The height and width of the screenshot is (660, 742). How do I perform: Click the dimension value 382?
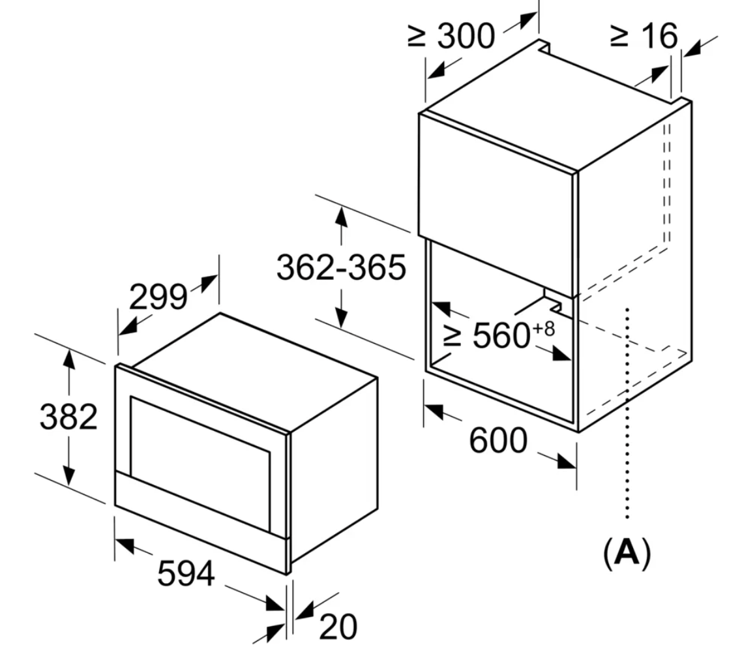pos(68,417)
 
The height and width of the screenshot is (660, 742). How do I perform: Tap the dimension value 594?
pos(186,573)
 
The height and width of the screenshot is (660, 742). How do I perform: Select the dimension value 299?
pos(158,297)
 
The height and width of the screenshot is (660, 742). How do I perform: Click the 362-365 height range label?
pos(341,267)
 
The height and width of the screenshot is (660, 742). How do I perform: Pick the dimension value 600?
pos(498,440)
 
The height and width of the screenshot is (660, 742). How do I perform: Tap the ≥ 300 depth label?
pos(451,35)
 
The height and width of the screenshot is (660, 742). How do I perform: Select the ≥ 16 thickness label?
pos(644,35)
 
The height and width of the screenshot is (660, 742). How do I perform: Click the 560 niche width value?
pos(501,335)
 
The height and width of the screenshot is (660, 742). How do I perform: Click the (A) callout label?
pos(627,552)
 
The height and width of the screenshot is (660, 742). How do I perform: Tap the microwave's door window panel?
pos(200,463)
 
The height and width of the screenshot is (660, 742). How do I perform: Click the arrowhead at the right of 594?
pos(276,603)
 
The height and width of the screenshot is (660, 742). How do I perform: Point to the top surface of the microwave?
pos(256,371)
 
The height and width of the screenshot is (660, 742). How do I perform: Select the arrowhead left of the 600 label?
pos(434,410)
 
